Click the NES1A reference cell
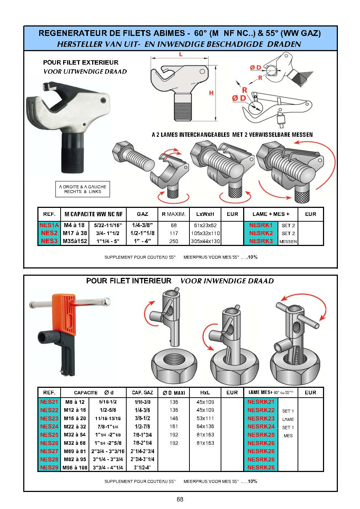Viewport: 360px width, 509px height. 49,225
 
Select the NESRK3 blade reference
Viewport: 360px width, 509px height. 261,241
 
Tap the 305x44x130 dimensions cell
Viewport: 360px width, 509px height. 205,241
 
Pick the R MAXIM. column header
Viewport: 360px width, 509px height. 173,214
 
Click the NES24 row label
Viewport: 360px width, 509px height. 49,427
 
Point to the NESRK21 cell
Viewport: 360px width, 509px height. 261,402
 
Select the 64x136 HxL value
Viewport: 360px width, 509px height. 205,426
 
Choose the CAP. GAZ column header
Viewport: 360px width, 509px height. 142,393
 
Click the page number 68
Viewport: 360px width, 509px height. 180,499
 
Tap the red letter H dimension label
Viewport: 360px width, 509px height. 211,93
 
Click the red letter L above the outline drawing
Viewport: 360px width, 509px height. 181,54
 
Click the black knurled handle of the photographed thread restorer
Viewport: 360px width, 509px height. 72,153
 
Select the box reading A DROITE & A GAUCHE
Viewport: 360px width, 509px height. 82,189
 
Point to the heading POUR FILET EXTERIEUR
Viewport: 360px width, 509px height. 81,62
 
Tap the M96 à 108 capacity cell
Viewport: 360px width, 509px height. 75,467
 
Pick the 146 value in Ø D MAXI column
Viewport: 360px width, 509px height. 173,418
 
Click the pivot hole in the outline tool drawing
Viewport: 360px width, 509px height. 202,71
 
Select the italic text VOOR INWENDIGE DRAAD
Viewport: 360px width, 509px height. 227,281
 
